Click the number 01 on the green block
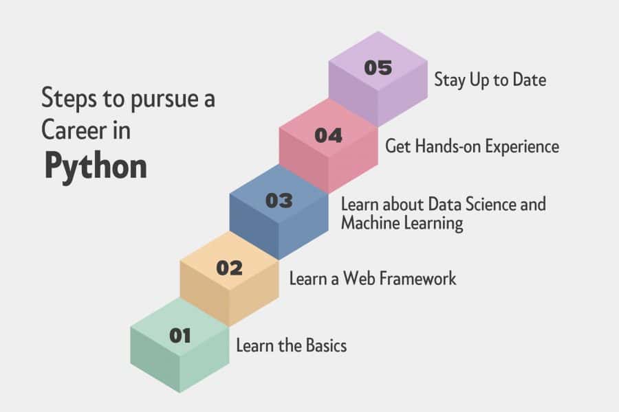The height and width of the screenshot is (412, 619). click(180, 336)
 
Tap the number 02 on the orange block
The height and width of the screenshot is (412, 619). click(229, 268)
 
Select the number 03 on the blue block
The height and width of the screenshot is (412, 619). click(279, 201)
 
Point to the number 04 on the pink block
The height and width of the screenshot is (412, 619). click(329, 136)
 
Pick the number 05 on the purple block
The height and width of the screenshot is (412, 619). click(378, 68)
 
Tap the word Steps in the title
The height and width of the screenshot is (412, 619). click(69, 98)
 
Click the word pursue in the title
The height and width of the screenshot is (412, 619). click(164, 100)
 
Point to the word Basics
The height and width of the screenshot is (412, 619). click(326, 345)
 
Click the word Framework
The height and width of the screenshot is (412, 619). click(419, 278)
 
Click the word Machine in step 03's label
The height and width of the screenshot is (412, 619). click(368, 222)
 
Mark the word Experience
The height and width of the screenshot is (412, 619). click(522, 147)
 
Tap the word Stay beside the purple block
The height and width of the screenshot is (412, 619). click(450, 80)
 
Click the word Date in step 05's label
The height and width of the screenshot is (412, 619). click(530, 80)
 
